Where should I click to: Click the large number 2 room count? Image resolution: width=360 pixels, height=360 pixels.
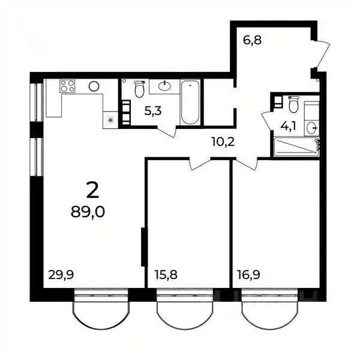92,190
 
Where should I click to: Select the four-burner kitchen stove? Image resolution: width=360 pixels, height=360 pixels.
68,86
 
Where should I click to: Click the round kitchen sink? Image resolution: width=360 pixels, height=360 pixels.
94,86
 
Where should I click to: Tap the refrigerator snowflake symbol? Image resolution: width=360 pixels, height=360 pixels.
110,120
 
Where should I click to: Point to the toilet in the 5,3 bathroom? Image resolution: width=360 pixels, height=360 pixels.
139,89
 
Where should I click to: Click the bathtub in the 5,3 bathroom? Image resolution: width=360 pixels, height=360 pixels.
190,102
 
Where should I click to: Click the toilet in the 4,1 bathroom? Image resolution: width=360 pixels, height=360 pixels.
293,105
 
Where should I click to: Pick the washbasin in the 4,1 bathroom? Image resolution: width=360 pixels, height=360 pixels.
311,127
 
